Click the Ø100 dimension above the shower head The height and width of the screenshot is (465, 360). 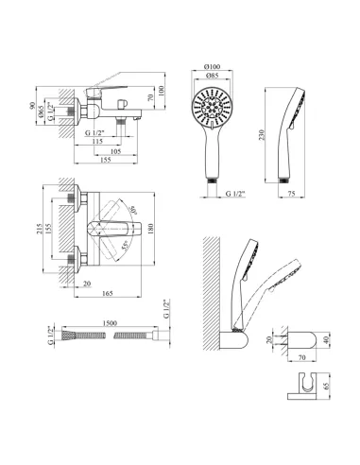click(212, 67)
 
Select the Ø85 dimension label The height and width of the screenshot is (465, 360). click(212, 76)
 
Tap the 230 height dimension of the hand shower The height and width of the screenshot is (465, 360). click(262, 135)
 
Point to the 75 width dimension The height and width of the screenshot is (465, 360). click(292, 194)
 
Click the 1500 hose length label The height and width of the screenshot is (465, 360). click(110, 323)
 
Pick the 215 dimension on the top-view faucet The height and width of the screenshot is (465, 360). click(40, 230)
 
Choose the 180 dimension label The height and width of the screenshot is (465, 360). click(150, 229)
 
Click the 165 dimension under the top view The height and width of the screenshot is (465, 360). click(108, 293)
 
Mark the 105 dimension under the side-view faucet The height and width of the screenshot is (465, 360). click(116, 151)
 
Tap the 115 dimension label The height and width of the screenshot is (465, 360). click(97, 142)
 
